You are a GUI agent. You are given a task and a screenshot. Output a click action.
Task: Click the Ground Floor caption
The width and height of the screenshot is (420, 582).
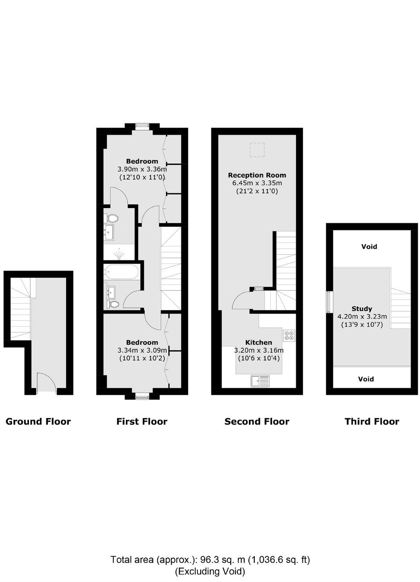point(38,421)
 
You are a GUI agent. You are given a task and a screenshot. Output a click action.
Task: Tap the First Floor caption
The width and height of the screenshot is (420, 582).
point(142,421)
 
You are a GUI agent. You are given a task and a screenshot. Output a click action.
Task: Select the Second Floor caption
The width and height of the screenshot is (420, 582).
point(257,421)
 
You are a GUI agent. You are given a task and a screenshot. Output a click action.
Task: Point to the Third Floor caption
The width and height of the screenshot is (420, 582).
point(372,421)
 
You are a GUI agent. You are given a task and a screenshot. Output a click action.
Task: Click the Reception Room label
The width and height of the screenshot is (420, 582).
point(257,175)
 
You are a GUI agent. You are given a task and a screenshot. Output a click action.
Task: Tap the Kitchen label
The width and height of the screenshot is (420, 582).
point(259,342)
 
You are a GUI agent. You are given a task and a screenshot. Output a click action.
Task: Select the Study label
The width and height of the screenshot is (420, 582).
point(362,309)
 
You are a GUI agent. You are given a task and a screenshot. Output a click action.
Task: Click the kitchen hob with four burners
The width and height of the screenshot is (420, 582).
point(289,335)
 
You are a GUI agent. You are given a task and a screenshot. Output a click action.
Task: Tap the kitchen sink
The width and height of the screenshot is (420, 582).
point(260,381)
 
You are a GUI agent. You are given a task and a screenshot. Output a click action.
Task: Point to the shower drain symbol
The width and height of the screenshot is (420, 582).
point(119,254)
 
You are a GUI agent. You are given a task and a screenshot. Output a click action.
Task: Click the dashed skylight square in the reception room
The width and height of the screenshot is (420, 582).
point(257,150)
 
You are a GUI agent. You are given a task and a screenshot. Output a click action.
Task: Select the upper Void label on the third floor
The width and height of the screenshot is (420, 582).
point(369,246)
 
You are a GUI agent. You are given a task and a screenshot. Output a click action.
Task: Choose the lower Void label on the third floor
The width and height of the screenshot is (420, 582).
point(366,379)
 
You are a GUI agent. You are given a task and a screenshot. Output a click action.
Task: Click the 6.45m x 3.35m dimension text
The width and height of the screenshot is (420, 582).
point(257,183)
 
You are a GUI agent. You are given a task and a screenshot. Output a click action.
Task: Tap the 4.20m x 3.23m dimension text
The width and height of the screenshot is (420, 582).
point(362,316)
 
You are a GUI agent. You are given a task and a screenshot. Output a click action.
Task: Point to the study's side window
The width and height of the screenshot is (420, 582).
point(329,302)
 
